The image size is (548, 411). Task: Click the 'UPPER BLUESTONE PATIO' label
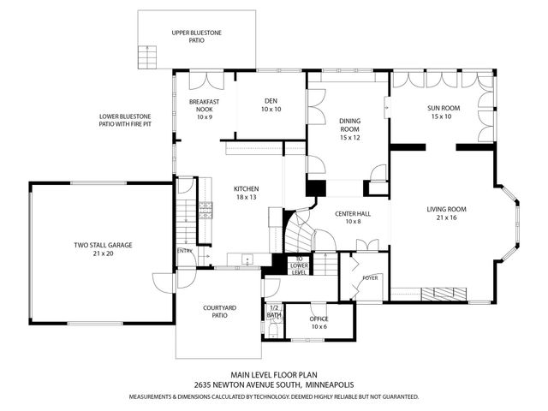click(x=196, y=35)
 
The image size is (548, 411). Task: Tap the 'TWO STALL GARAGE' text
click(x=103, y=249)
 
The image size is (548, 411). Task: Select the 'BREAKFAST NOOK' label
click(x=204, y=109)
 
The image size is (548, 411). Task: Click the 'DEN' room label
click(x=271, y=105)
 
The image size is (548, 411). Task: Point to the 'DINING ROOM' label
click(x=349, y=128)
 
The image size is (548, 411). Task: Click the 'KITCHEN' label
click(x=246, y=193)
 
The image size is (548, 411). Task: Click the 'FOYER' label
click(x=370, y=277)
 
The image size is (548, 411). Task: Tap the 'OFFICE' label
click(x=319, y=323)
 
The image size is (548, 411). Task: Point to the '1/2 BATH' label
click(x=274, y=311)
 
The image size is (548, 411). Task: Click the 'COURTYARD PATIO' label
click(x=219, y=312)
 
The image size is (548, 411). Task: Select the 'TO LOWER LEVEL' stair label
click(x=298, y=265)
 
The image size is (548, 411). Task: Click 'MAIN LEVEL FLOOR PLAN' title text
click(x=273, y=374)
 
